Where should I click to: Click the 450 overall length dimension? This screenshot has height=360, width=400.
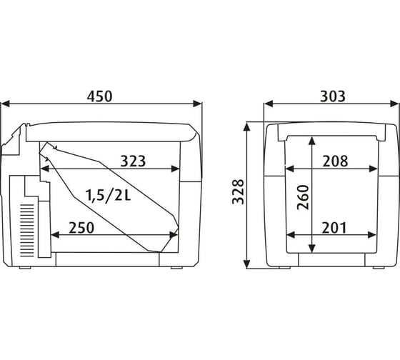99,96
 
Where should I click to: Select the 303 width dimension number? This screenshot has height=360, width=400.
333,96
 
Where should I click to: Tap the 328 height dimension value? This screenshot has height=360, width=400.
238,191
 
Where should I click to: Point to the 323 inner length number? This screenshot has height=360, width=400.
133,161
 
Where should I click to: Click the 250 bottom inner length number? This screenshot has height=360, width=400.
81,228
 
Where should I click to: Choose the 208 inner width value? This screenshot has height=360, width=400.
335,161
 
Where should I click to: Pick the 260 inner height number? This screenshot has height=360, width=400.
303,197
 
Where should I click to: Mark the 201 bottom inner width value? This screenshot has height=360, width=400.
334,228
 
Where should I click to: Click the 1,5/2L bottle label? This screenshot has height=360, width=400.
108,196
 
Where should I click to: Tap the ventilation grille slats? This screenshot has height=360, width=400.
27,231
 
